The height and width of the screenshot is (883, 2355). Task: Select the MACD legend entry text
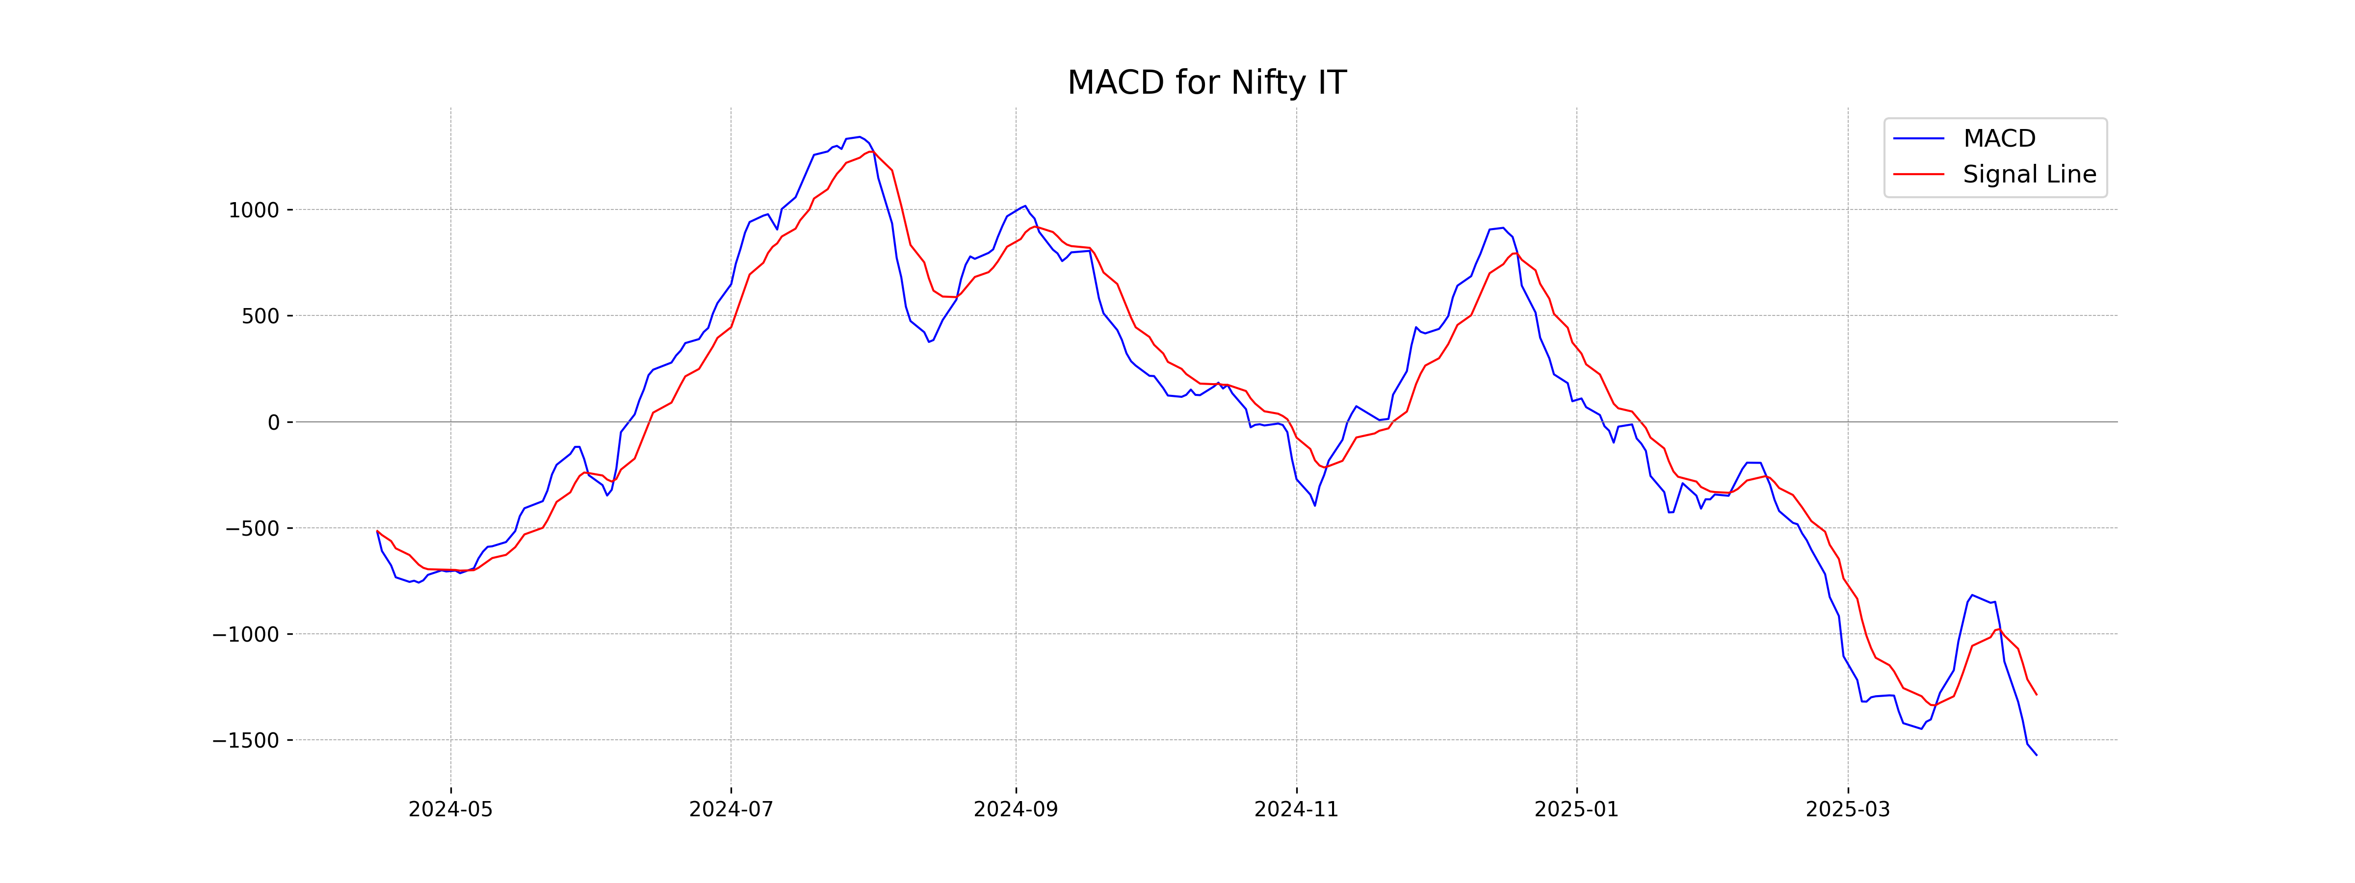(x=1999, y=139)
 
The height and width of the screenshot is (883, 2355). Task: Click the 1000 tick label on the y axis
(x=253, y=210)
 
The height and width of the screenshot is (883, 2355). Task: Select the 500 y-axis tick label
(x=261, y=316)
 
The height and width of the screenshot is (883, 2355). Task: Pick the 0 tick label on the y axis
(x=273, y=422)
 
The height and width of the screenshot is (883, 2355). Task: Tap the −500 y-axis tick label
(x=252, y=528)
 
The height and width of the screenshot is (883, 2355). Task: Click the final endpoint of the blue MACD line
(x=2036, y=755)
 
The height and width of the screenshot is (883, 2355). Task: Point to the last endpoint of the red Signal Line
(x=2036, y=695)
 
